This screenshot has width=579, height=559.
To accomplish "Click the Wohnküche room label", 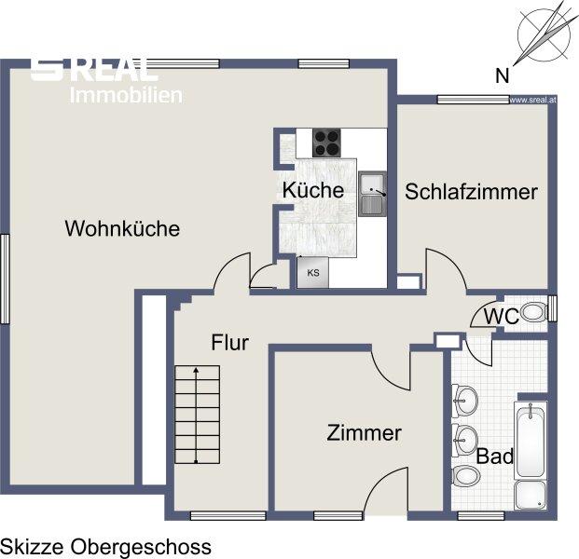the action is pyautogui.click(x=122, y=228).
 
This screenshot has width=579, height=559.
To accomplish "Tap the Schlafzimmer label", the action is pyautogui.click(x=471, y=192).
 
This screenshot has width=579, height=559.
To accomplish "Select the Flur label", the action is pyautogui.click(x=229, y=343).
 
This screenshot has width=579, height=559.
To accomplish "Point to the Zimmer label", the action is pyautogui.click(x=365, y=433).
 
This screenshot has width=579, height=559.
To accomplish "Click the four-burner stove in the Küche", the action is pyautogui.click(x=326, y=143).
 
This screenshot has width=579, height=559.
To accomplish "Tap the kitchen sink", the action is pyautogui.click(x=373, y=194).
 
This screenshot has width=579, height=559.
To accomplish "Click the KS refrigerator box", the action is pyautogui.click(x=312, y=273).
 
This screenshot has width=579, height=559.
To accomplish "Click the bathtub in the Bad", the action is pyautogui.click(x=531, y=440).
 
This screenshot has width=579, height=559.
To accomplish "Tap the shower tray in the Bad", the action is pyautogui.click(x=531, y=495).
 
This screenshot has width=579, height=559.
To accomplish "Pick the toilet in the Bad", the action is pyautogui.click(x=465, y=476).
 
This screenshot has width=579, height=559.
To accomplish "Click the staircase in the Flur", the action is pyautogui.click(x=197, y=415).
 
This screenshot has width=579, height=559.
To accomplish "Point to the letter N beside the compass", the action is pyautogui.click(x=502, y=76).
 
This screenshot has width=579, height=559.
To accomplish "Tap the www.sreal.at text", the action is pyautogui.click(x=532, y=100).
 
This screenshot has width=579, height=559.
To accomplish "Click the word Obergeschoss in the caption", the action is pyautogui.click(x=141, y=547).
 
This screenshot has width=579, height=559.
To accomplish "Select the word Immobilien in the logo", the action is pyautogui.click(x=126, y=95).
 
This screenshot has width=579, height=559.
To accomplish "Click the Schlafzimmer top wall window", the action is pyautogui.click(x=473, y=100).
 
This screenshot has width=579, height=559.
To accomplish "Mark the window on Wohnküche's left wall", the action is pyautogui.click(x=5, y=279).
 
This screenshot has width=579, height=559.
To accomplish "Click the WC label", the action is pyautogui.click(x=501, y=316).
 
